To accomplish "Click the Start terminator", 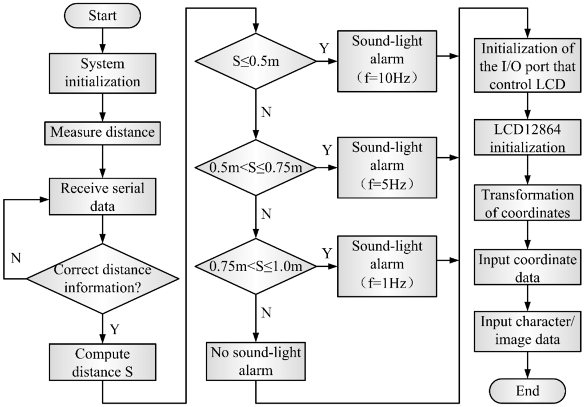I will coord(102,15).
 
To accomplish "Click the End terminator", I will coord(527,391).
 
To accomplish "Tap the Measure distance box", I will coord(102,132).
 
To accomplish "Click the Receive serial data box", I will coord(102,197).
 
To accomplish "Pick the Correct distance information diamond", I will coord(102,278).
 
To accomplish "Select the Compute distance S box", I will coord(102,362).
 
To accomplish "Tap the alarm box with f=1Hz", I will coord(388,265).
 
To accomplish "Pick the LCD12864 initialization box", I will coord(527,138).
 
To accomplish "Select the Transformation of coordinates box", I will coord(527,204).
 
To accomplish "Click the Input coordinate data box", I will coord(527,268).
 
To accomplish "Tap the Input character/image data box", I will coord(527,330).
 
